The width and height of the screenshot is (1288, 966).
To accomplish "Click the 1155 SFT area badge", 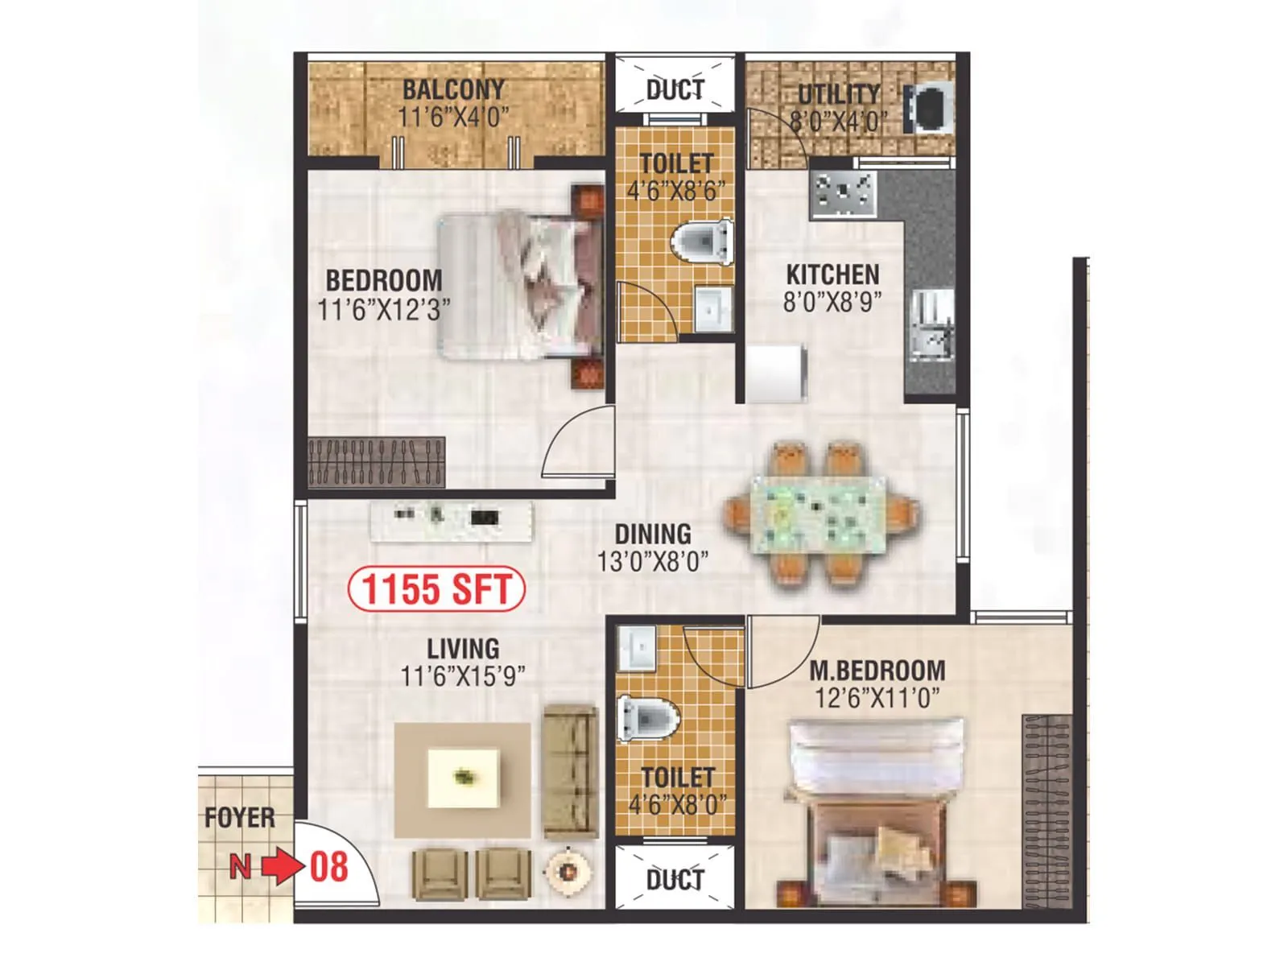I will (436, 588).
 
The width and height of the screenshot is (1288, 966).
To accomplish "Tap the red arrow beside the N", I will (282, 868).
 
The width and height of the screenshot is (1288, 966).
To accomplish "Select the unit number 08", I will (329, 868).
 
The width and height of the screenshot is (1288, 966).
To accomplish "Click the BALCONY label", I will (453, 89).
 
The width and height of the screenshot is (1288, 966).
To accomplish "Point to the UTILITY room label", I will (839, 94).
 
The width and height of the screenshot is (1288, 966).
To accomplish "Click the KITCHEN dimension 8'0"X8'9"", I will (832, 302).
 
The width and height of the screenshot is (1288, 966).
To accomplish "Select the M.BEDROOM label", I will (877, 671).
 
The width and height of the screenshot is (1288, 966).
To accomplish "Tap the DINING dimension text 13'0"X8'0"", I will (652, 561).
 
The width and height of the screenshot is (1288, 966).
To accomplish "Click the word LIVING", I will (463, 649).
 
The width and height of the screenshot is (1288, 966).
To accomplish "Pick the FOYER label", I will (239, 819).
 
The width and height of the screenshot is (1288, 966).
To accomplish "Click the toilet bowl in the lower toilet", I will (649, 718).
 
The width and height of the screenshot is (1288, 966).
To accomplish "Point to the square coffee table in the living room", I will (463, 778).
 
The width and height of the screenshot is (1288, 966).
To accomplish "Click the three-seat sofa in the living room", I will (570, 773).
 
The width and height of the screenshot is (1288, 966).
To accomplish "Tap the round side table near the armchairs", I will (568, 870).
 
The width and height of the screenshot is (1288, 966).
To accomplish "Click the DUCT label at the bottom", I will (675, 880).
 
